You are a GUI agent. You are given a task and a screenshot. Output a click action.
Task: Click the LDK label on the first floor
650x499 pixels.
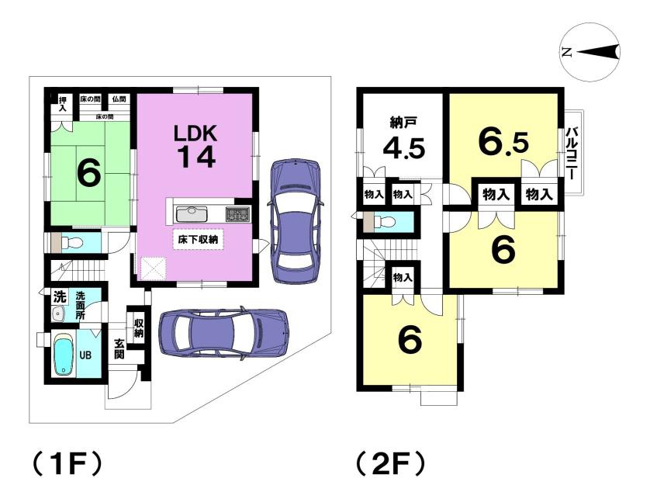195,134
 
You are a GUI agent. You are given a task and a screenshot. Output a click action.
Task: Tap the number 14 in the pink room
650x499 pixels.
197,158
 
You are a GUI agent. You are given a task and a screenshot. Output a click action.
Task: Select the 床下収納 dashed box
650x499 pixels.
198,239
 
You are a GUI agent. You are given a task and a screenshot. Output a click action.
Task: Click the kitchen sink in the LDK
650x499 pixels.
192,213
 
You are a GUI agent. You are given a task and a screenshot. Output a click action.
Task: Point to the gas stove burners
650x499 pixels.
238,214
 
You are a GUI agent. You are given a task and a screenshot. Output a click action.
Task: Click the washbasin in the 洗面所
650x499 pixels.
58,314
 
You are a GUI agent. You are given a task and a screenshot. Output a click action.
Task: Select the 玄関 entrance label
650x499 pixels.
119,348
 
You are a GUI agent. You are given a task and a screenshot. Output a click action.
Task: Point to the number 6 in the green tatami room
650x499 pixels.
88,173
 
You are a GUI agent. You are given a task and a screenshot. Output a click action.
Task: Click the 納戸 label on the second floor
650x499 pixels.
401,123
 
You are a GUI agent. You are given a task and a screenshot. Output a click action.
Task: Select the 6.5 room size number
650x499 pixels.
503,142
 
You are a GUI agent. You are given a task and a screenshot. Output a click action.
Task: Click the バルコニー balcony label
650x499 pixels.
572,154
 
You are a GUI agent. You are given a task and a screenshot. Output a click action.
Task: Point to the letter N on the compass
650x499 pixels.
567,53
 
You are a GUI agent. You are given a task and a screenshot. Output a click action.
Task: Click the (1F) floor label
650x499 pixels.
67,464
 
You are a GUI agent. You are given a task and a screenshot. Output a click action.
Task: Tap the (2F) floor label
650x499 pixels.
390,464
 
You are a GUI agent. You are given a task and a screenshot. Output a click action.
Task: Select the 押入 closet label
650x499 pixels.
63,104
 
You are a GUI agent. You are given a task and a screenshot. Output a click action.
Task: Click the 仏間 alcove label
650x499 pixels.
119,99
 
